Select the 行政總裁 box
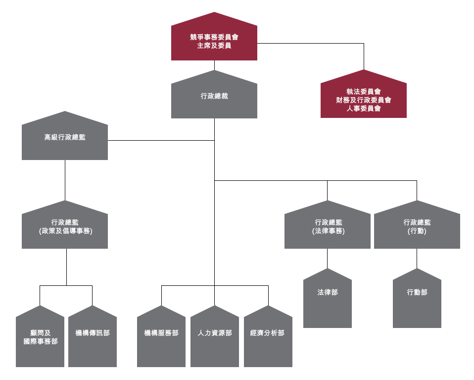(214, 97)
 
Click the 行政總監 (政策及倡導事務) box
(65, 227)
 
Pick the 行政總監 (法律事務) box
(327, 227)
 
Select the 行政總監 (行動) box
(417, 227)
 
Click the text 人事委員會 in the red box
(363, 109)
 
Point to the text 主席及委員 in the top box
(214, 46)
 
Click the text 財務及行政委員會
(363, 100)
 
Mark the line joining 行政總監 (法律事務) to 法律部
(327, 258)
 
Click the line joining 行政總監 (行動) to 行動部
(417, 258)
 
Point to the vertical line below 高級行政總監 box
(65, 180)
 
